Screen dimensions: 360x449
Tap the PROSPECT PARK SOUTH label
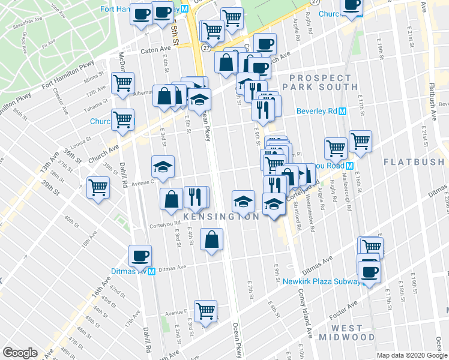point(320,82)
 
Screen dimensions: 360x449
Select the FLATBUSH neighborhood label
point(415,162)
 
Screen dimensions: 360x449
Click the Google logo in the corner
point(20,353)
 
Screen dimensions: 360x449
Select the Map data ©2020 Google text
point(412,355)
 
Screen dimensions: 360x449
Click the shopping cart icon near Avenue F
point(206,311)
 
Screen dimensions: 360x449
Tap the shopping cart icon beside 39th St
point(98,187)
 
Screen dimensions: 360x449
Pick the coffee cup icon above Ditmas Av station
point(141,256)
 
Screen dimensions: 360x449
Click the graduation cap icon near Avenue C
point(162,166)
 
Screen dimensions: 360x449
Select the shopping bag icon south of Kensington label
point(211,240)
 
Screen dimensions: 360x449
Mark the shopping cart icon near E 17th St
point(360,142)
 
